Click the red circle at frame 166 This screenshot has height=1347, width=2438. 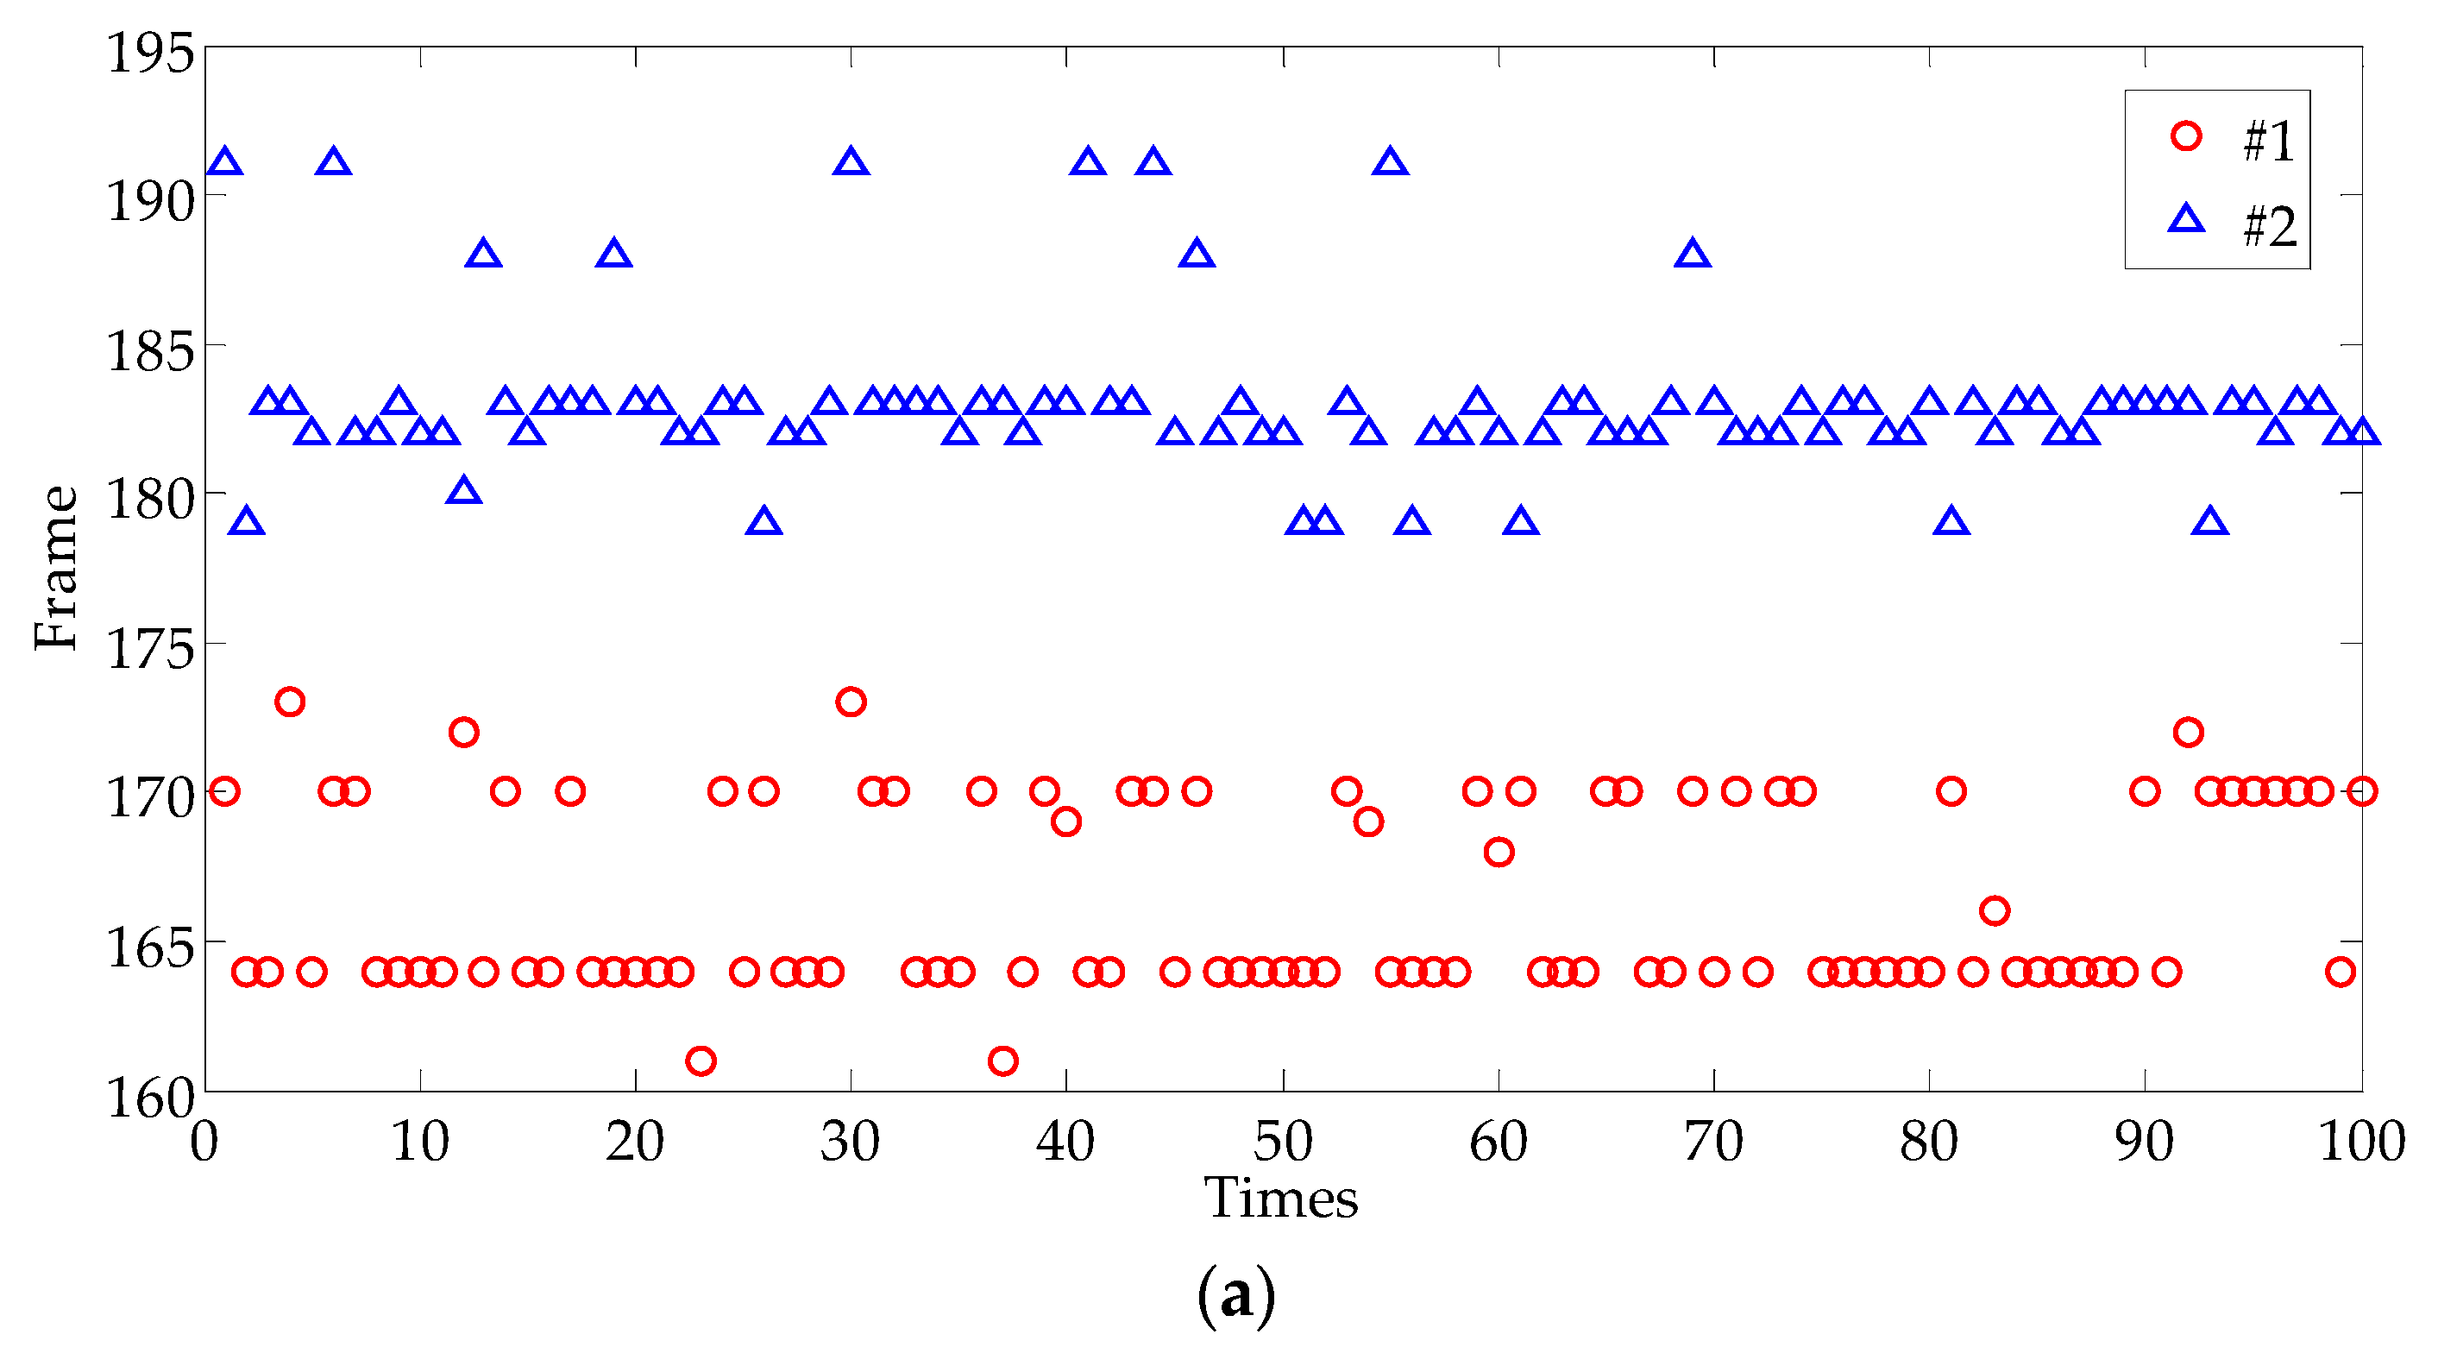pyautogui.click(x=1994, y=911)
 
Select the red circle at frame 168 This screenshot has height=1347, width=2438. pyautogui.click(x=1499, y=852)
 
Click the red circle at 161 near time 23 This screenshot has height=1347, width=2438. pyautogui.click(x=701, y=1061)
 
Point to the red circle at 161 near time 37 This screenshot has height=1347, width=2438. pyautogui.click(x=1002, y=1061)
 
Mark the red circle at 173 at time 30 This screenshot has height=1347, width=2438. pyautogui.click(x=851, y=702)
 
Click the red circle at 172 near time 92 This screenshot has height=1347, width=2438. pyautogui.click(x=2188, y=733)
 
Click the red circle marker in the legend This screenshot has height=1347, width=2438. pyautogui.click(x=2186, y=136)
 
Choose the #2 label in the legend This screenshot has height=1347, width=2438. pyautogui.click(x=2270, y=227)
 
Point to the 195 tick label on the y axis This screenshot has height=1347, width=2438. pyautogui.click(x=149, y=52)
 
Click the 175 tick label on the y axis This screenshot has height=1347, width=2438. pyautogui.click(x=149, y=650)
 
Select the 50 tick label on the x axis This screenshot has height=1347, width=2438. pyautogui.click(x=1283, y=1142)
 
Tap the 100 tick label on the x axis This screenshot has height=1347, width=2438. pyautogui.click(x=2360, y=1142)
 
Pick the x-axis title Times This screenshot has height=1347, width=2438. pyautogui.click(x=1280, y=1199)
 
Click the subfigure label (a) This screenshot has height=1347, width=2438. pyautogui.click(x=1236, y=1296)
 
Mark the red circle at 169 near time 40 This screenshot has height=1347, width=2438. pyautogui.click(x=1065, y=821)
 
